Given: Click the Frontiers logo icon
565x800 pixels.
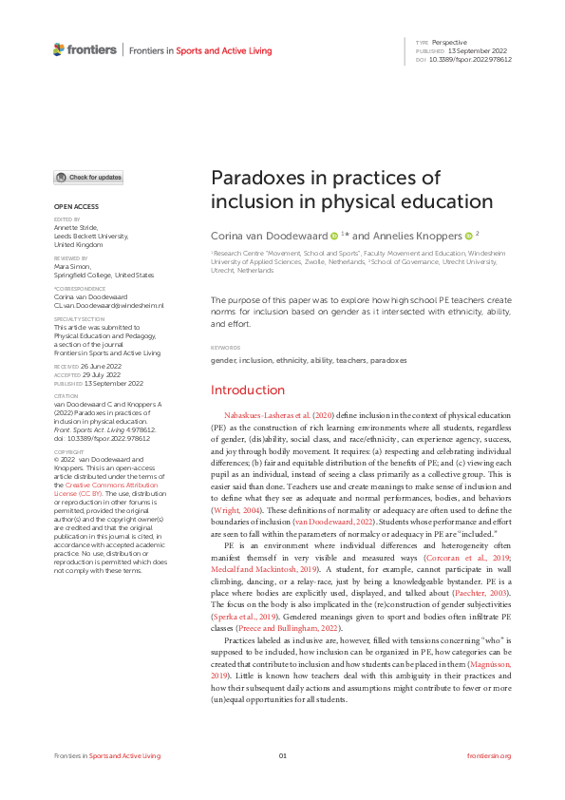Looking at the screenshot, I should (x=59, y=49).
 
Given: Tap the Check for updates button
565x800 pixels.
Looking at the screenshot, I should (x=88, y=178).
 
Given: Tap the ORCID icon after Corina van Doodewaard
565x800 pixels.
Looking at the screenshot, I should (x=334, y=235).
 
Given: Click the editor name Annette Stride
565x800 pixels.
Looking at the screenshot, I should (x=77, y=226).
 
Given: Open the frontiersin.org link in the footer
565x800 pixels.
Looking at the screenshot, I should (x=489, y=755).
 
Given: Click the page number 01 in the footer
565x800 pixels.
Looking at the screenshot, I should (x=282, y=755).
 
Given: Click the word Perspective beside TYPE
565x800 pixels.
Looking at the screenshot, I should (x=448, y=43).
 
